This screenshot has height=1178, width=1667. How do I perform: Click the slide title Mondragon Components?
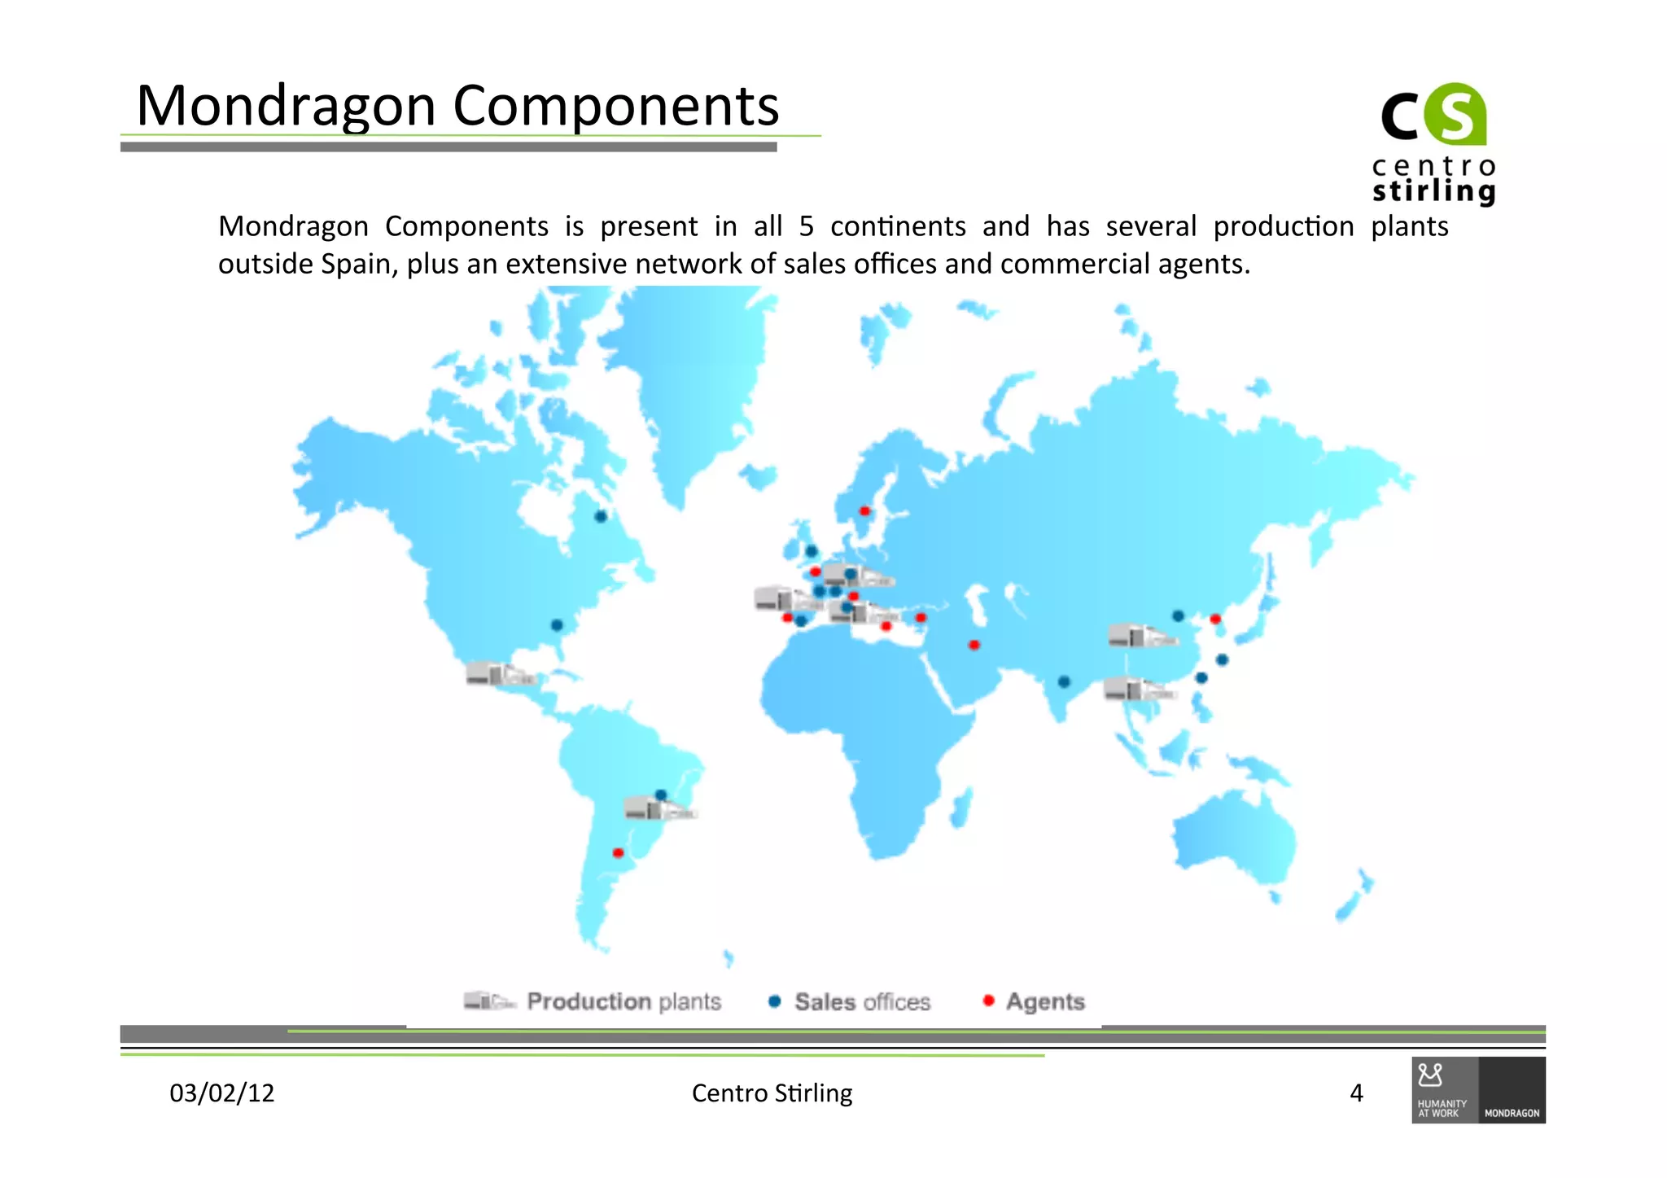[457, 106]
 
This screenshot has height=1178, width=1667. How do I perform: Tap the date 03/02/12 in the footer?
[221, 1093]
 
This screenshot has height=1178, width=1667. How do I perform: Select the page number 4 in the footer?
[1356, 1093]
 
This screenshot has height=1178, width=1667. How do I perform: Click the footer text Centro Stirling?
[772, 1093]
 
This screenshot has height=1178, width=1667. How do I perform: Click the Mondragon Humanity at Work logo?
[1478, 1090]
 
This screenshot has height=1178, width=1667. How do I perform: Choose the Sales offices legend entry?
[849, 1001]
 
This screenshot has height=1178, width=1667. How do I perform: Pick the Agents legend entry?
[1034, 1001]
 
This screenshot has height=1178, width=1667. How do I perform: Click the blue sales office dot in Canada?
[601, 516]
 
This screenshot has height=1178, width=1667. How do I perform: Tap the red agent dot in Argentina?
[618, 853]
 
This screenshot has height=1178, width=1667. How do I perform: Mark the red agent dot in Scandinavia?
[865, 511]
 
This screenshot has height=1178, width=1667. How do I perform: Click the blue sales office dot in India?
[1064, 681]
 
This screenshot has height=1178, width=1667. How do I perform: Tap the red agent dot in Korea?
[1215, 619]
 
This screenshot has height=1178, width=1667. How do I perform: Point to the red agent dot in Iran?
[974, 645]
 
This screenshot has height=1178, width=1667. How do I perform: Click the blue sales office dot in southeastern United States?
[557, 625]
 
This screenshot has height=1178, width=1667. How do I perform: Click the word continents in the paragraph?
[898, 226]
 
